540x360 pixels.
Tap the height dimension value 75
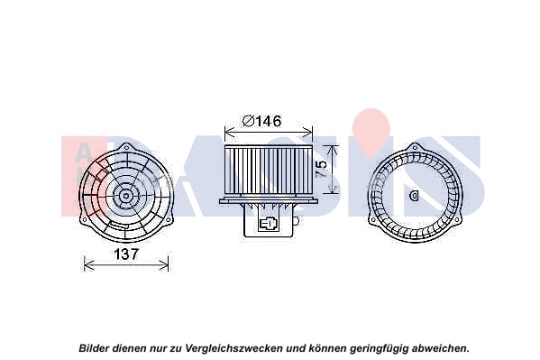tap(320, 170)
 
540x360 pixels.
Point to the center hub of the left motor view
tap(125, 194)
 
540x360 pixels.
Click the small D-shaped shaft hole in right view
tap(414, 194)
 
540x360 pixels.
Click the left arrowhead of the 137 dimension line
tap(86, 263)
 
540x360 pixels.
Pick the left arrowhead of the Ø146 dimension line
tap(224, 131)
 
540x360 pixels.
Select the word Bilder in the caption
tap(95, 346)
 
